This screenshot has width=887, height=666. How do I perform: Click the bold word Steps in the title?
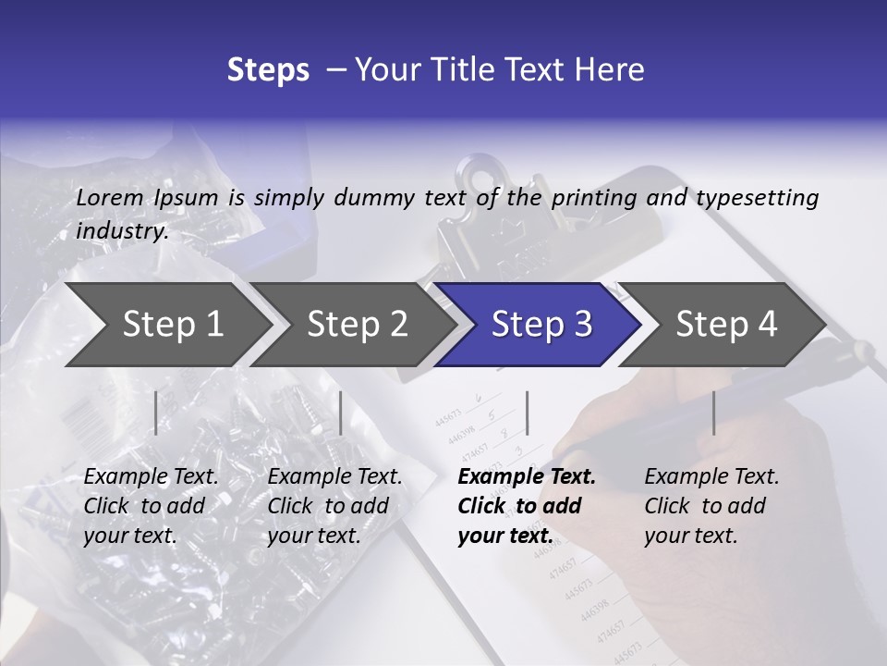coord(268,70)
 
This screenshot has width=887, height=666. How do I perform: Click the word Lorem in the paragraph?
coord(110,197)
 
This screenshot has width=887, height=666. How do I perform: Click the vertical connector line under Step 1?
coord(156,413)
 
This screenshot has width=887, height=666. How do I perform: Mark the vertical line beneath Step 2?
coord(341,413)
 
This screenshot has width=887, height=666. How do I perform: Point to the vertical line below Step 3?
coord(527,413)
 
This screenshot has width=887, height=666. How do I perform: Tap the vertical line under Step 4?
coord(713,413)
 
